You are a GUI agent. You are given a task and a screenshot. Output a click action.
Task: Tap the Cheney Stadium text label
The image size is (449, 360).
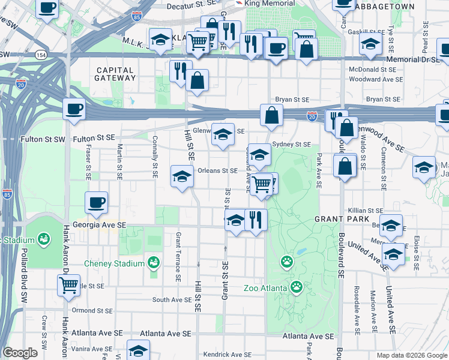tap(114, 263)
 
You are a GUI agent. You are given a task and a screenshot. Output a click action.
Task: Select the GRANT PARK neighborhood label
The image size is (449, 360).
tap(337, 220)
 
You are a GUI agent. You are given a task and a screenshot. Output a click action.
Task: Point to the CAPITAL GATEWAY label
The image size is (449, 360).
tap(115, 74)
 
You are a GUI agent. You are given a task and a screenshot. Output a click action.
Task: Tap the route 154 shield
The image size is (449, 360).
tap(41, 55)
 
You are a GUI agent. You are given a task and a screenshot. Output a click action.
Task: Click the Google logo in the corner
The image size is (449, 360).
tap(20, 353)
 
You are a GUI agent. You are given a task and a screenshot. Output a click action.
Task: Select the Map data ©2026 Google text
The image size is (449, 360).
tap(411, 355)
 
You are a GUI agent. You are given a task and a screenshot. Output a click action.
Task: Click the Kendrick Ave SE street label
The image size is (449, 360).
tap(228, 355)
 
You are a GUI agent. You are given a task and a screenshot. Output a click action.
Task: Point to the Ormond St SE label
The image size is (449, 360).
tap(91, 310)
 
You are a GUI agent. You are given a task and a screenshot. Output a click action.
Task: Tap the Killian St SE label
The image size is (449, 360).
tap(366, 211)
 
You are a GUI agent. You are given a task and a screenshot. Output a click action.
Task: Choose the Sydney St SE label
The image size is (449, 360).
tap(291, 145)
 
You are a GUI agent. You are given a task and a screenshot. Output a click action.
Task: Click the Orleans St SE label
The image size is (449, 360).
tap(217, 170)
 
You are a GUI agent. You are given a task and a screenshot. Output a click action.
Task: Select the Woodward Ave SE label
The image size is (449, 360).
tap(375, 79)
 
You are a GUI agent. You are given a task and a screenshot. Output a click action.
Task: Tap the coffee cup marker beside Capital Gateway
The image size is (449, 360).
tap(74, 109)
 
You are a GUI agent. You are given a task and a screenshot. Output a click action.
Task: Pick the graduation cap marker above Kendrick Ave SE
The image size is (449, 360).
tap(139, 350)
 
